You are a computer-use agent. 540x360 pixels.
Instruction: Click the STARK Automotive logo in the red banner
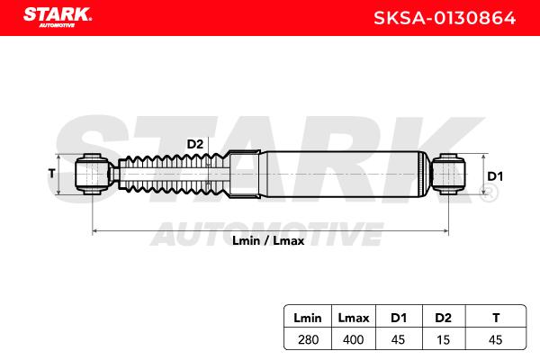[x=58, y=17]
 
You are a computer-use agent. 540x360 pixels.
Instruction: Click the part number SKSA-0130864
[x=445, y=18]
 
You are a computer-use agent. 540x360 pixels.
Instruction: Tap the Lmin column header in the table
[x=308, y=318]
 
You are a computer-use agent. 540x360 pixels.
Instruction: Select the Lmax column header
[x=354, y=318]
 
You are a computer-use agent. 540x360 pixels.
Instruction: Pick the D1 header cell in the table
[x=399, y=318]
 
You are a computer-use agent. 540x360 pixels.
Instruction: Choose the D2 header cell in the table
[x=443, y=318]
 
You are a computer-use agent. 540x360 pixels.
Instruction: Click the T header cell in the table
[x=496, y=318]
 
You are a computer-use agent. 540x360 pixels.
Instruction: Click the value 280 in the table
[x=308, y=339]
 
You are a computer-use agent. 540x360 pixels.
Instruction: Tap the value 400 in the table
[x=354, y=339]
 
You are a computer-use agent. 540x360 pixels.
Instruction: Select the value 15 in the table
[x=443, y=339]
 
